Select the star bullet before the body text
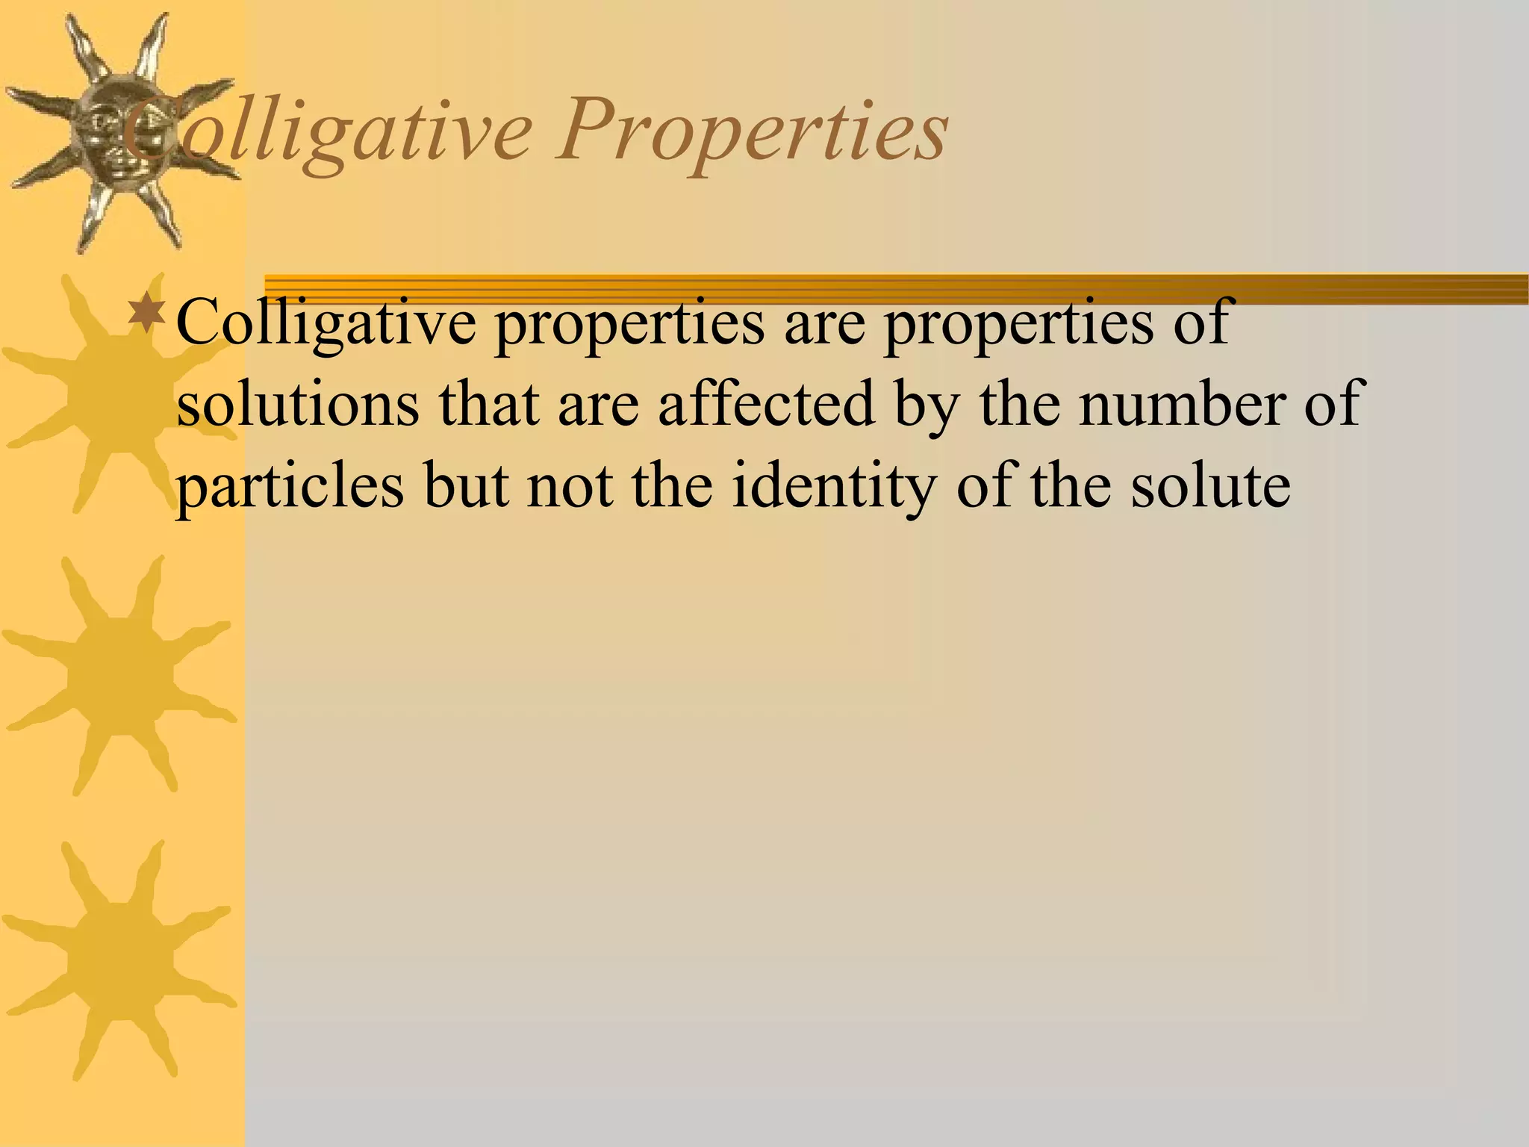click(148, 314)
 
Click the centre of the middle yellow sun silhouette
click(119, 676)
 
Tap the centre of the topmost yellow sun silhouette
click(119, 392)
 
